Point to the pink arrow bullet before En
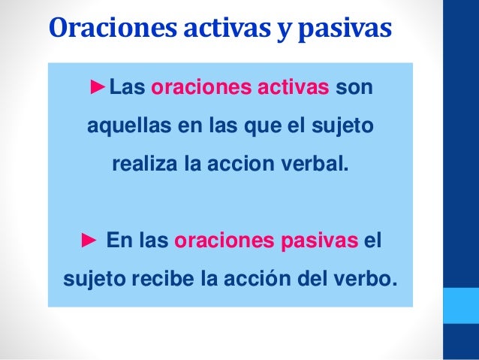(x=89, y=242)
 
